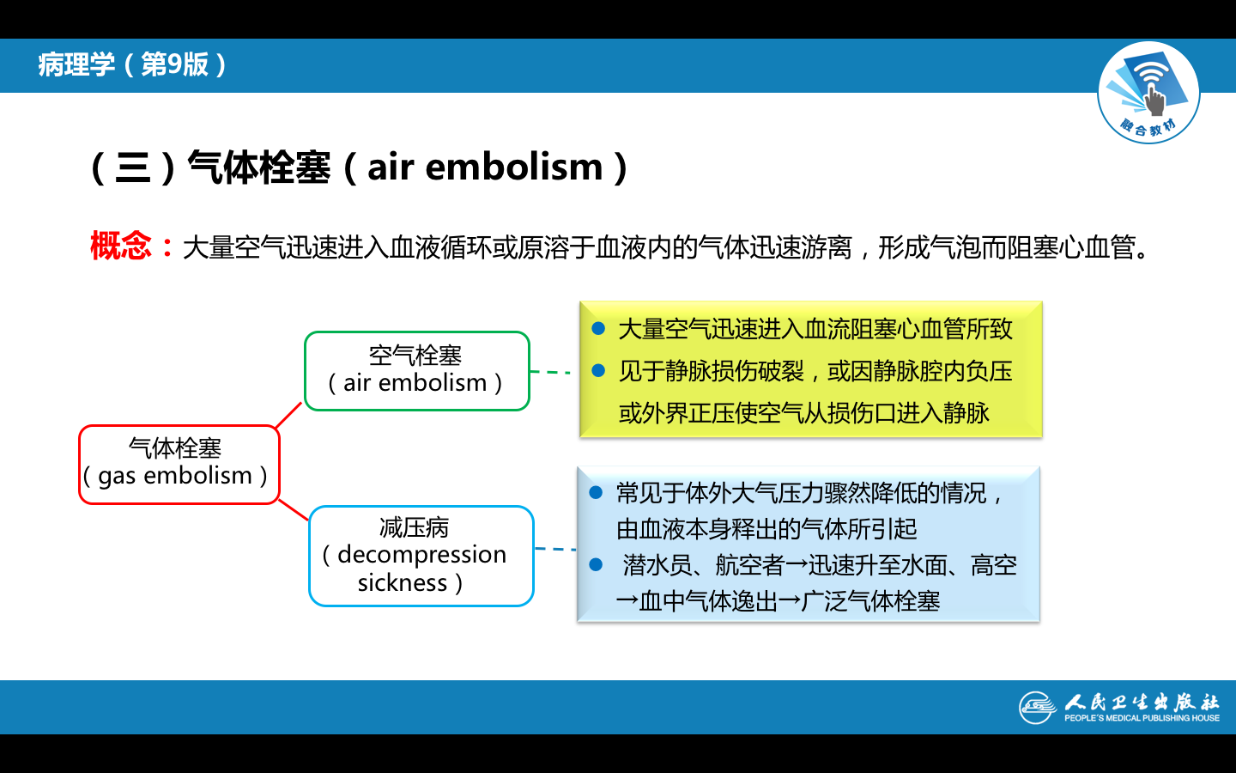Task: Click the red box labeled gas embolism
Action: (179, 464)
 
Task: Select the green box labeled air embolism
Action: (416, 370)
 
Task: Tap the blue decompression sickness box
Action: (421, 556)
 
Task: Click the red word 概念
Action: (121, 247)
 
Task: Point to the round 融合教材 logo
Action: (1148, 93)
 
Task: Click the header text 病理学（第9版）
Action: (133, 64)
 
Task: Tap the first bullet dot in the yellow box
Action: (599, 329)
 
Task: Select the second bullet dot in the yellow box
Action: (599, 371)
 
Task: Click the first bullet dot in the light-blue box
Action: (597, 493)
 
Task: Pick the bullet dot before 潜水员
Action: (597, 565)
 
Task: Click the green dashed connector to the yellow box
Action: (550, 372)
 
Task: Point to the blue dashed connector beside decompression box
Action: (554, 548)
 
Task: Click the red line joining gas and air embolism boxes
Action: (289, 415)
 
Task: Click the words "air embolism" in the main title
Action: (485, 167)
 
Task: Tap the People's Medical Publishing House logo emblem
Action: (1037, 707)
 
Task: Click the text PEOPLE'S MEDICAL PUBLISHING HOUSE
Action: (1142, 718)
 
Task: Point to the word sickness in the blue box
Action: (403, 583)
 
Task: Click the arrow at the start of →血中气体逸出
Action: (627, 601)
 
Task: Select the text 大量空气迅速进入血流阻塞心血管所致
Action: (815, 329)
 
